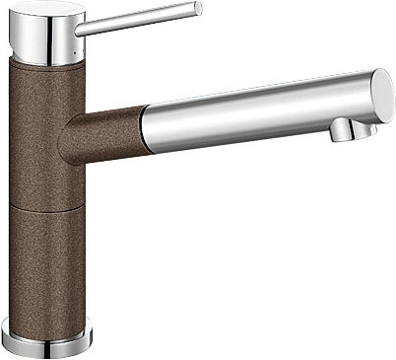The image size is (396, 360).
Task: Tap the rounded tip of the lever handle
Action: pyautogui.click(x=197, y=10)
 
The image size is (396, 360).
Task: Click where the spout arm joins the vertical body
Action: pyautogui.click(x=69, y=138)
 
